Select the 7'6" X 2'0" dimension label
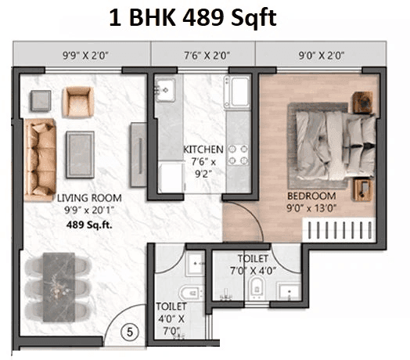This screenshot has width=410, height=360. [x=203, y=56]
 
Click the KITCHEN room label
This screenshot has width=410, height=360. [x=203, y=149]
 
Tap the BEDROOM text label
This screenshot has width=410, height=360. [x=311, y=196]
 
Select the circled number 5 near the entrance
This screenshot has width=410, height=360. [x=131, y=333]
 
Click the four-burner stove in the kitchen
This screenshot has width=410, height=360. [x=239, y=156]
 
